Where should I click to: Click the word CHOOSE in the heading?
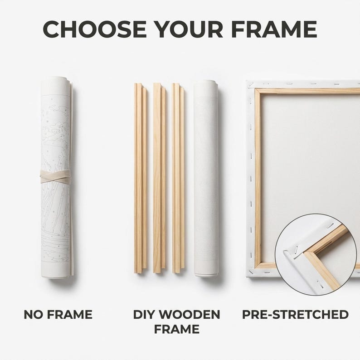coord(95,29)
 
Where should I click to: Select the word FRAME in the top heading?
coord(274,29)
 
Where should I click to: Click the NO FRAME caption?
coord(58,315)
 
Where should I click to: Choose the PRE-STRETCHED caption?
coord(295,315)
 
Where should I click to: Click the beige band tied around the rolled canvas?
coord(56,176)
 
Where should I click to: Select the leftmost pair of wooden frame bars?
coord(140,178)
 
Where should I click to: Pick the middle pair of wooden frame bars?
coord(159,178)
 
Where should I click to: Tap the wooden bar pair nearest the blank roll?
coord(178,178)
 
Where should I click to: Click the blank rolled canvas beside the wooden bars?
coord(206,178)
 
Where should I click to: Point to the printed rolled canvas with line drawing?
coord(57,177)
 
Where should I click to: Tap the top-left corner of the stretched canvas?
coord(247,81)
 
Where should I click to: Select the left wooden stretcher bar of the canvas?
coord(258,179)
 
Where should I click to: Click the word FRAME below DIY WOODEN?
coord(176,329)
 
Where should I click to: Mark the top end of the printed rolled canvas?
coord(56,78)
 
